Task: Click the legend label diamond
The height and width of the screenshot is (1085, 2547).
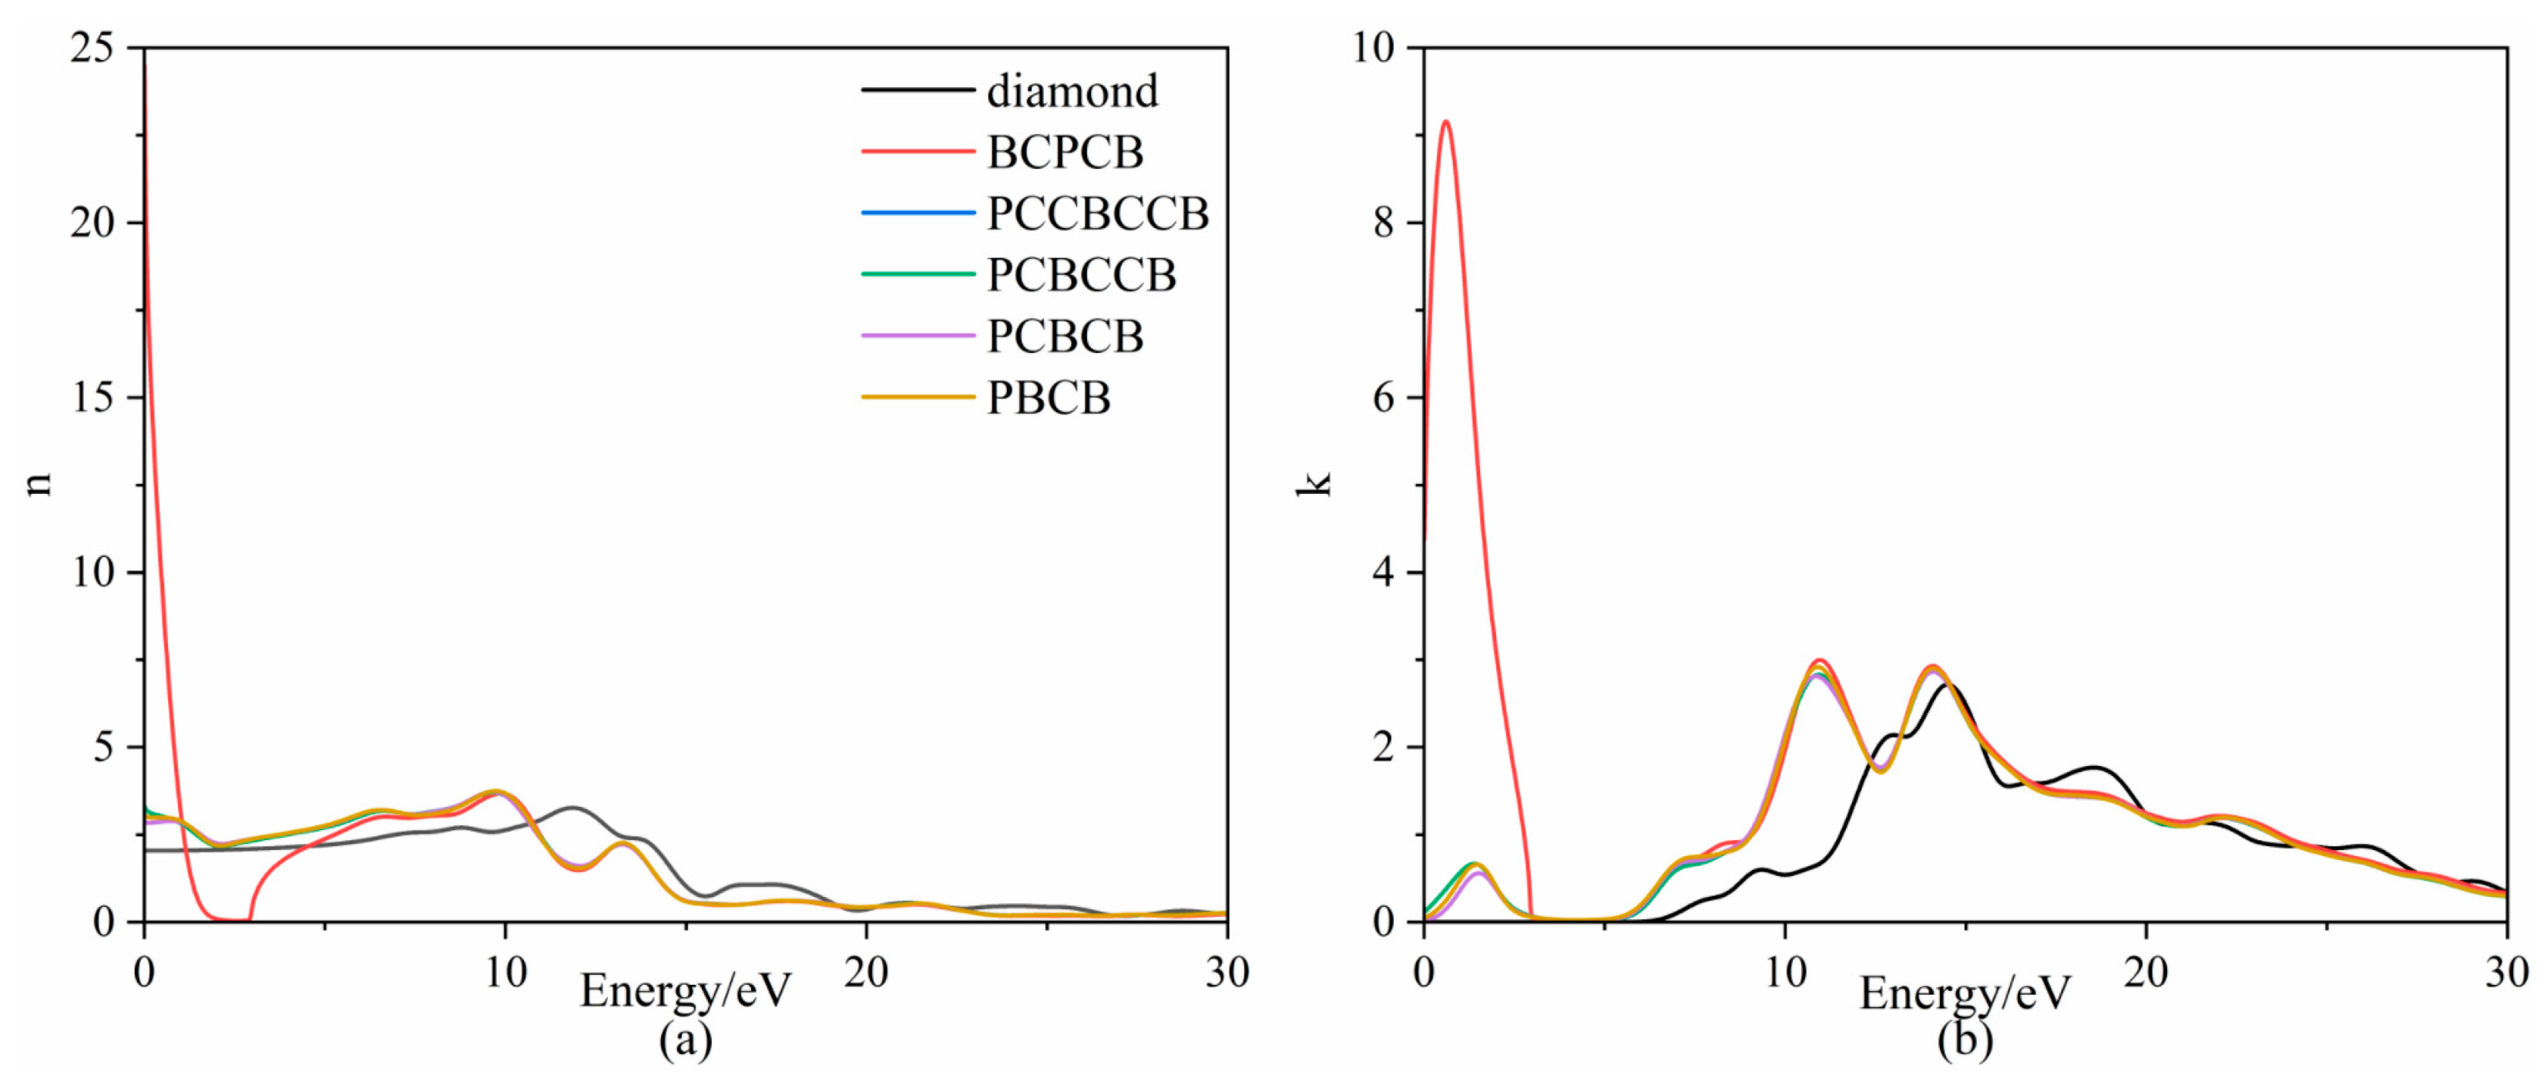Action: (1072, 91)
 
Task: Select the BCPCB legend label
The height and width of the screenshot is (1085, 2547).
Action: (1065, 153)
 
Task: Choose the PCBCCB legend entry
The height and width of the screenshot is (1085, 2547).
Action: (1082, 275)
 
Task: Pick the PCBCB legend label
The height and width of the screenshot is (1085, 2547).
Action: (1065, 336)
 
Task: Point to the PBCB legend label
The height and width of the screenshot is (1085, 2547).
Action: (1048, 398)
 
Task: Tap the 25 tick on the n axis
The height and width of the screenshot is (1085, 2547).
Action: (92, 48)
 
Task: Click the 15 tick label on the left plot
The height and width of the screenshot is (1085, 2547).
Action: (92, 397)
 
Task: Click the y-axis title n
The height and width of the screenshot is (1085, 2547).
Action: (38, 484)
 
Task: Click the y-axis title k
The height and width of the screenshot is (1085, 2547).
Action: (1315, 484)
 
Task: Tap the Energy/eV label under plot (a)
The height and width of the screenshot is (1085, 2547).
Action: (685, 990)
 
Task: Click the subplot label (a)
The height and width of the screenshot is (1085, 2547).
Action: (685, 1040)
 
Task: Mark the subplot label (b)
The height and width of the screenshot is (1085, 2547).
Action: (1965, 1040)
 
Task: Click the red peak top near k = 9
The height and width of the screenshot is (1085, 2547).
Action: (1445, 122)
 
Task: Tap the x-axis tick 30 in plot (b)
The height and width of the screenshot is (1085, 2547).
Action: (2506, 972)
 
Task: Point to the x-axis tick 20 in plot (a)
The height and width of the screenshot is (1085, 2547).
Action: (865, 972)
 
